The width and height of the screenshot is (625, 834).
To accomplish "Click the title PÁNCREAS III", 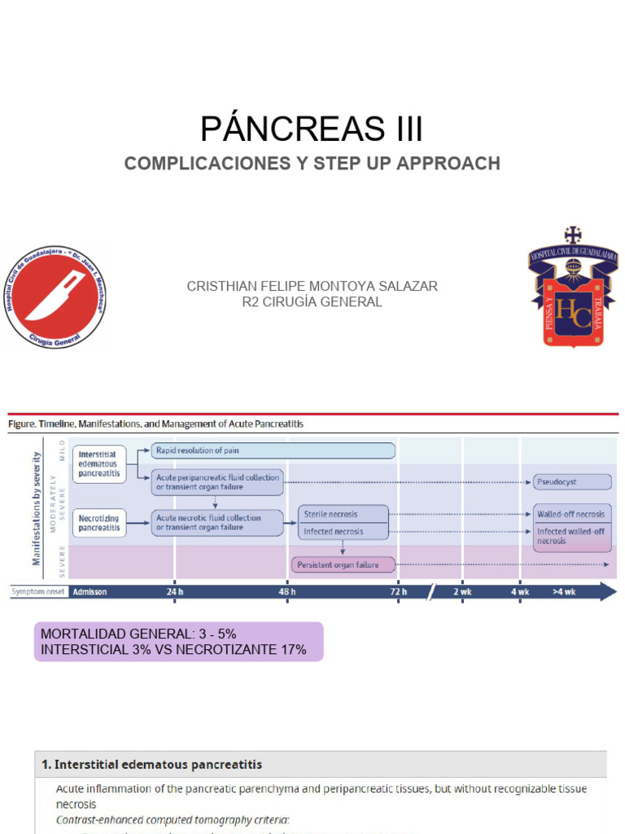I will coord(312,129).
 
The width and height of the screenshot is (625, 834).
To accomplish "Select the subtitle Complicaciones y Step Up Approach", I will coord(312,163).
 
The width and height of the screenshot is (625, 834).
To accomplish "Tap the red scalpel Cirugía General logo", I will coord(55,298).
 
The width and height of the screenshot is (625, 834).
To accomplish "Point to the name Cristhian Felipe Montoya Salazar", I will coord(312,286).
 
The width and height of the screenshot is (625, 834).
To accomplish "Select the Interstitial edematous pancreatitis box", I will coord(99,464).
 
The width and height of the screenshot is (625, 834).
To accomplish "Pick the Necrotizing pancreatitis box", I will coord(99,522).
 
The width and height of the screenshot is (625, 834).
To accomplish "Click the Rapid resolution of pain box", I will coord(273,450).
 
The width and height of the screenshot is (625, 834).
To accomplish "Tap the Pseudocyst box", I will coord(572,482).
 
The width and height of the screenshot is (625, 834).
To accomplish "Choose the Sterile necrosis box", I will coord(343,515).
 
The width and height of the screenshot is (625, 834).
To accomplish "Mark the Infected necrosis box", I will coord(343,532).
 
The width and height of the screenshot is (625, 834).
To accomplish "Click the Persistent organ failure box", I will coord(343,564).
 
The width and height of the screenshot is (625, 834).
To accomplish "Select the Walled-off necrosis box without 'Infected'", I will coord(572,515).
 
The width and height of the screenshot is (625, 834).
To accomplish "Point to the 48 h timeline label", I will coord(286,592).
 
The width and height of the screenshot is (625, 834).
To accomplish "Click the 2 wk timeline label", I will coord(462,592).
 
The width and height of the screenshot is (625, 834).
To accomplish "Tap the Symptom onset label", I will coord(37,592).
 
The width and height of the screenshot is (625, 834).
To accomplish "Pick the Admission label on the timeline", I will coord(90,592).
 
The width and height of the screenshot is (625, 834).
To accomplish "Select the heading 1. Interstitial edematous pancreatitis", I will coord(152,765).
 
